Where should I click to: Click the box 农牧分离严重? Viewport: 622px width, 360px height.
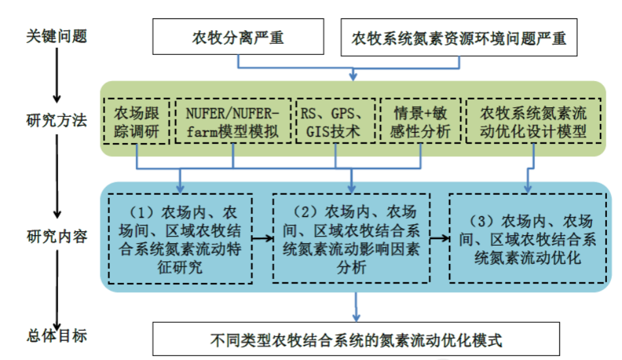[x=238, y=37]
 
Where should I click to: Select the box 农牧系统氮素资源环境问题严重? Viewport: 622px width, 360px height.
[x=459, y=37]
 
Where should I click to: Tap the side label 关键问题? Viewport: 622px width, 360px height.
[x=56, y=36]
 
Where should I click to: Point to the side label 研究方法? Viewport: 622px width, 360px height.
[x=56, y=120]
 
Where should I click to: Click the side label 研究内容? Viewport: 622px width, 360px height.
[x=57, y=237]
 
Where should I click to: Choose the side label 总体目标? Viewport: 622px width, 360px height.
[x=57, y=335]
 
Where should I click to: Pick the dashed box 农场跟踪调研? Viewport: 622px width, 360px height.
[x=137, y=122]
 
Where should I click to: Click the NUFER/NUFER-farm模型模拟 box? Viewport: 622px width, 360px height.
[x=233, y=121]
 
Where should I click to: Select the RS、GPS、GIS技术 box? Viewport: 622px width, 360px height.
[x=336, y=121]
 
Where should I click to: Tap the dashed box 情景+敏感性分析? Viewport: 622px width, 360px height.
[x=421, y=121]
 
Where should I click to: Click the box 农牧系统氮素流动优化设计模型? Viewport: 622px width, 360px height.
[x=533, y=121]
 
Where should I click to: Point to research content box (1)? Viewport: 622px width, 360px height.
[x=180, y=238]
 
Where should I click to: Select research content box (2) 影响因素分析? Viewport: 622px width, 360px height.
[x=352, y=238]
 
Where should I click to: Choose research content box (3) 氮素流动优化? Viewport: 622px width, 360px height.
[x=528, y=238]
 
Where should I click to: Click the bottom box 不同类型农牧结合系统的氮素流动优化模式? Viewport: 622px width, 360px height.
[x=356, y=339]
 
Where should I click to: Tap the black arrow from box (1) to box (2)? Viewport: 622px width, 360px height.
[x=263, y=238]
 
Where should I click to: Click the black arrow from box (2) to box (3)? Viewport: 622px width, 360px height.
[x=440, y=238]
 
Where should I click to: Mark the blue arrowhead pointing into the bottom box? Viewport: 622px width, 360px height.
[x=356, y=317]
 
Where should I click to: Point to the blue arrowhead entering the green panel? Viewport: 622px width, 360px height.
[x=353, y=76]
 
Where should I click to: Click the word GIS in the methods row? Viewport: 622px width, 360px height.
[x=319, y=131]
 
